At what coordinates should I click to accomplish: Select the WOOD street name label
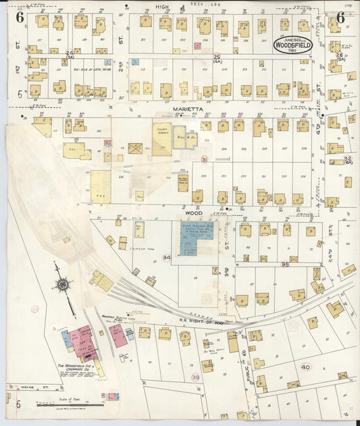[194, 211]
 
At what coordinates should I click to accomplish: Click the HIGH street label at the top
[162, 6]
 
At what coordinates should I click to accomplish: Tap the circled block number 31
[204, 159]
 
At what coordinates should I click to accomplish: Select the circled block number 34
[166, 258]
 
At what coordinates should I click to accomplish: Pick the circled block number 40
[305, 367]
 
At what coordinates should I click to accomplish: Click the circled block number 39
[195, 377]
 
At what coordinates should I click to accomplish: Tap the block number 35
[285, 265]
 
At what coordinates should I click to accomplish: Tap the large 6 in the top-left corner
[20, 18]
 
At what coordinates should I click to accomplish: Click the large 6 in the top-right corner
[340, 18]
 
